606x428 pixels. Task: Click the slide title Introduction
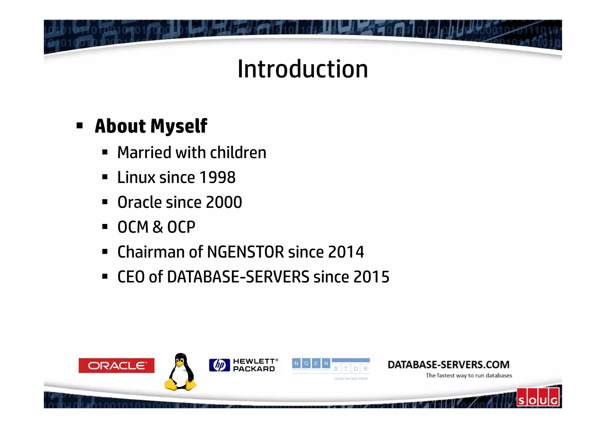coord(303,69)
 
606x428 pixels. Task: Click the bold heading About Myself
coord(151,126)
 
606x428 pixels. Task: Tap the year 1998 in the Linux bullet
coord(217,177)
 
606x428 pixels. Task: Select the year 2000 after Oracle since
coord(224,202)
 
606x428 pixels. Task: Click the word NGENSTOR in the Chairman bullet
coord(245,252)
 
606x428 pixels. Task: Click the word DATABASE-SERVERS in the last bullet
coord(238,277)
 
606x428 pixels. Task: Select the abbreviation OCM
coord(133,227)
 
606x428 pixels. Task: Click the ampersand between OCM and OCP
coord(158,227)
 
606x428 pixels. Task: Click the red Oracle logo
coord(116,366)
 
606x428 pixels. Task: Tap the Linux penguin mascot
coord(180,372)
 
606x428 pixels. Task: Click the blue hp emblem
coord(219,365)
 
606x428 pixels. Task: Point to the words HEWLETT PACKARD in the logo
coord(254,365)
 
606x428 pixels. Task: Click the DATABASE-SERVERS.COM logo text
coord(448,365)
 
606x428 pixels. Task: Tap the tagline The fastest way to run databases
coord(469,376)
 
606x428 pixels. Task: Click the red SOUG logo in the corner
coord(538,397)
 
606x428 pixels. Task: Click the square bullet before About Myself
coord(79,126)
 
